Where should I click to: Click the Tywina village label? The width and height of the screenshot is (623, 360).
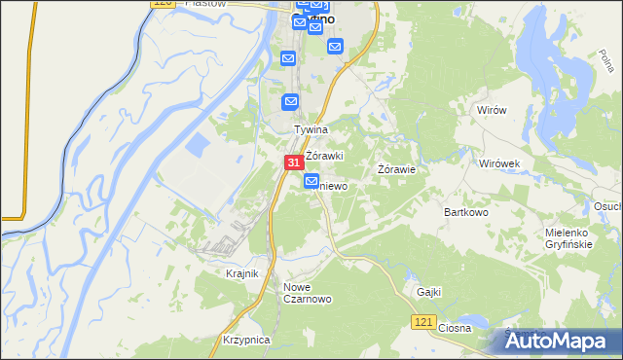tap(311, 128)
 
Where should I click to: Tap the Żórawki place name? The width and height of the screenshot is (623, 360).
tap(325, 156)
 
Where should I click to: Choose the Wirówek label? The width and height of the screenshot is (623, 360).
tap(501, 163)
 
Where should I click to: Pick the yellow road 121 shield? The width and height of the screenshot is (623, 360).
tap(421, 322)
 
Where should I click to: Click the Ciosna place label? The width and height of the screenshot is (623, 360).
tap(454, 328)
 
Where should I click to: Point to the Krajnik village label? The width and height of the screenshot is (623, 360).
tap(241, 273)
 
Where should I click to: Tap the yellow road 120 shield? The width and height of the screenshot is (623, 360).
tap(165, 5)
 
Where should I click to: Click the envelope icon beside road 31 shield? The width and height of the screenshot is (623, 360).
tap(311, 181)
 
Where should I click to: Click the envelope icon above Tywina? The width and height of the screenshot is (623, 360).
tap(290, 101)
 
